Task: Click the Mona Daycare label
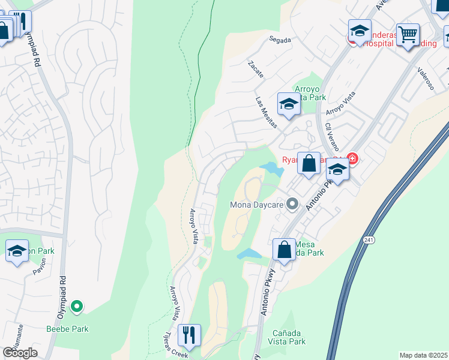point(257,205)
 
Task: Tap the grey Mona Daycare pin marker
point(292,205)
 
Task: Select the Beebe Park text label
point(68,329)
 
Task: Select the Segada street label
point(280,40)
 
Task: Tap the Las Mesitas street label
point(267,113)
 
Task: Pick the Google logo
point(20,353)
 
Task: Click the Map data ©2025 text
point(424,355)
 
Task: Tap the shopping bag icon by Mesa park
point(284,249)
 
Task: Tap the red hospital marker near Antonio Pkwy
point(352,160)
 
